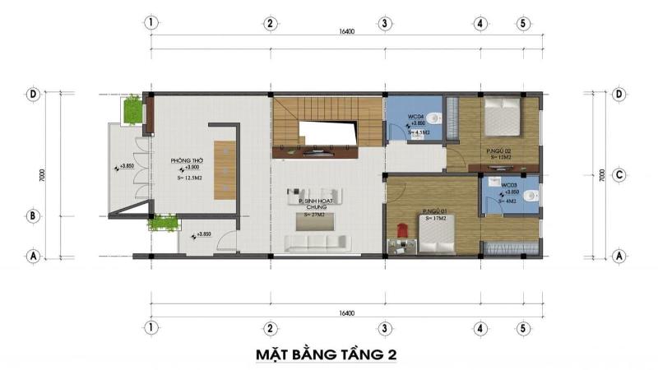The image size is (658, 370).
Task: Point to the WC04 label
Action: pos(415,117)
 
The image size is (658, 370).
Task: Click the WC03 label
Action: pos(507,186)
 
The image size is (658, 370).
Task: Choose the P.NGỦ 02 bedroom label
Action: pos(499,151)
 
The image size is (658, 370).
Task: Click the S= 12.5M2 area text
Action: pos(190,177)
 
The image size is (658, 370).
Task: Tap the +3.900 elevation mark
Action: pos(187,168)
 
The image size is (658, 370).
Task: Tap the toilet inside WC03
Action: pos(533,195)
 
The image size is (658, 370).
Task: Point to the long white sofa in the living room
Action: pos(315,243)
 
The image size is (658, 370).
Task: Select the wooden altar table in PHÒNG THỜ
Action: pos(225,169)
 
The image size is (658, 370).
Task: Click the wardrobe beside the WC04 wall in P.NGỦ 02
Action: pos(453,120)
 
